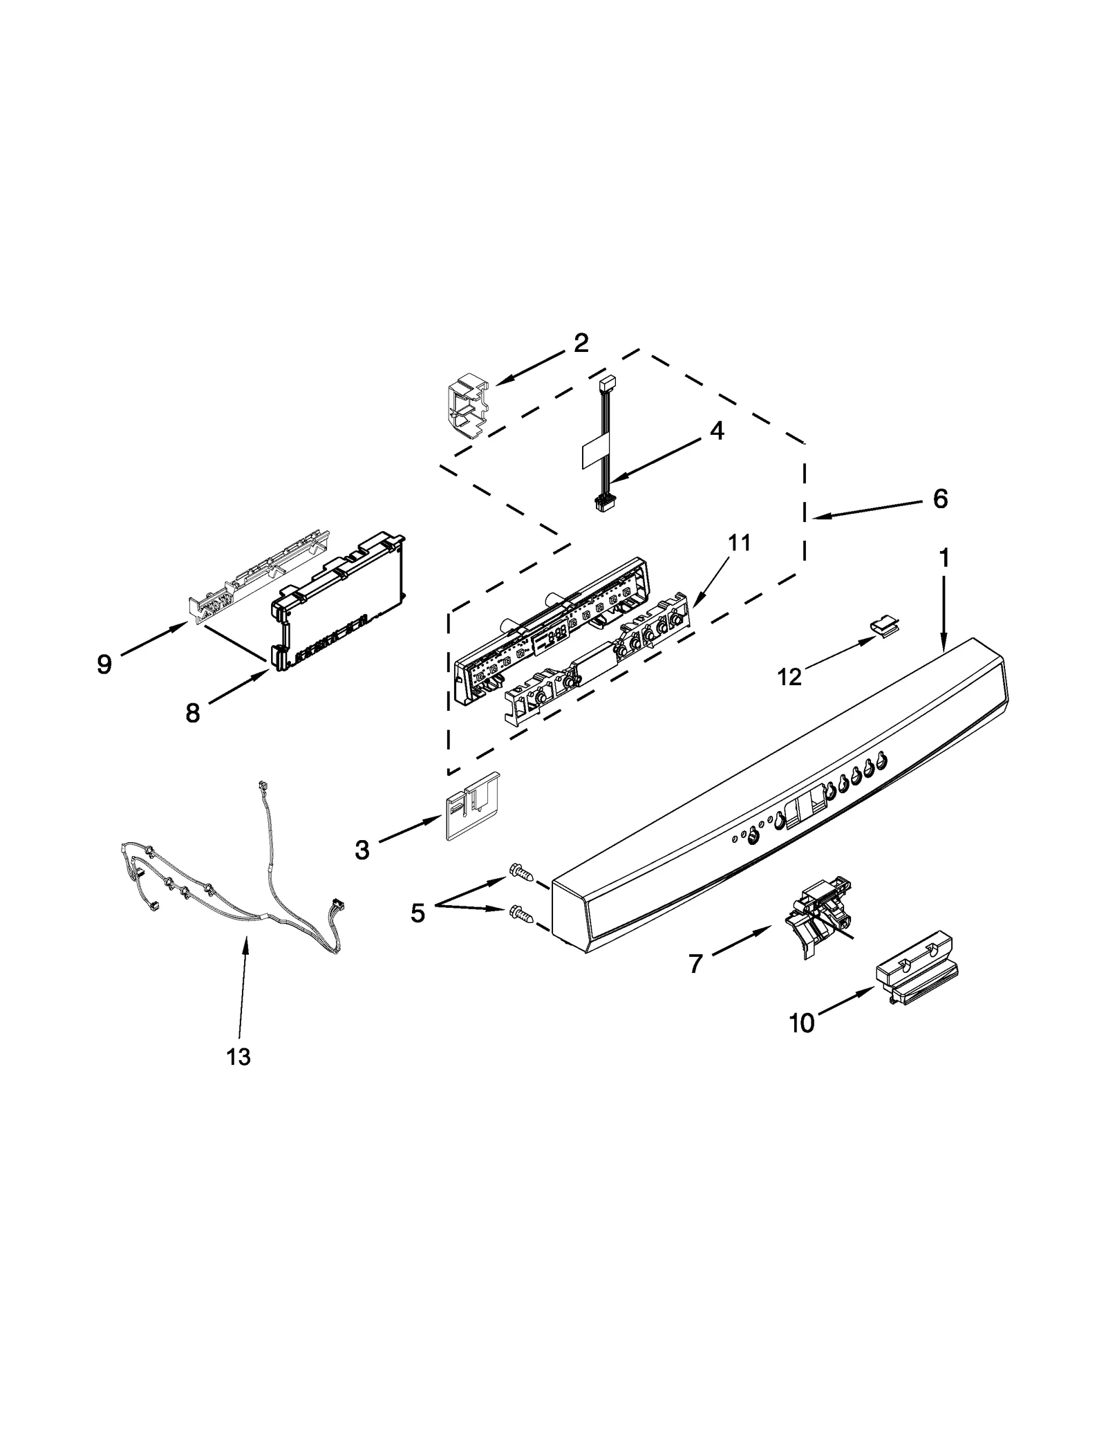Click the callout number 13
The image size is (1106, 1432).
click(x=238, y=1057)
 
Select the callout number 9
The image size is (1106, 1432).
click(x=104, y=664)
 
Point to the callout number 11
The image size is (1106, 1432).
click(x=738, y=543)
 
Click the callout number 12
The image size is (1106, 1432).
click(x=789, y=676)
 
